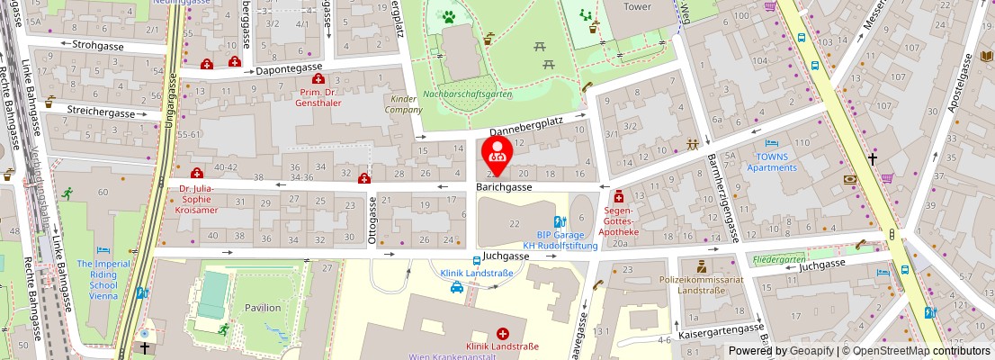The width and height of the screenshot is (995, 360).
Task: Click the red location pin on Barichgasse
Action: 497,154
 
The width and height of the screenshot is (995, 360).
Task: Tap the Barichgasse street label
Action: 504,187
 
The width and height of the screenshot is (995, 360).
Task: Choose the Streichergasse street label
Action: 101,112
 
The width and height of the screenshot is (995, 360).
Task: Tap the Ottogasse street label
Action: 372,221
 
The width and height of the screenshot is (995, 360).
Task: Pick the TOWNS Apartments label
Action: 772,162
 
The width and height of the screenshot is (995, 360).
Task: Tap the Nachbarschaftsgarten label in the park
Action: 467,94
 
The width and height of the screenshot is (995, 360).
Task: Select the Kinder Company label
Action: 404,104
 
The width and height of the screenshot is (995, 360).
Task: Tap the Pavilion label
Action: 263,307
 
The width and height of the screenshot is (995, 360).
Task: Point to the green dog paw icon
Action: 447,15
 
